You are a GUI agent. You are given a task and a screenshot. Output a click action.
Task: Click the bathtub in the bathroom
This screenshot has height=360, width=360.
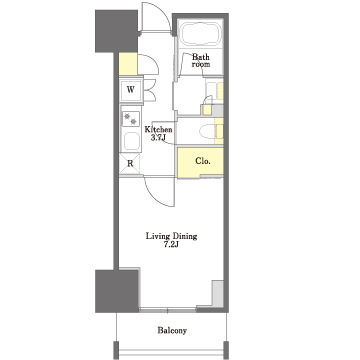pos(200,33)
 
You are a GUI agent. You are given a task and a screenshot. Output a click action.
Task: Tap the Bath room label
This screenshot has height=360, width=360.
pos(201,60)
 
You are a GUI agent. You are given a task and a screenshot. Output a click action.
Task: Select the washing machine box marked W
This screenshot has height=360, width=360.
pos(131,90)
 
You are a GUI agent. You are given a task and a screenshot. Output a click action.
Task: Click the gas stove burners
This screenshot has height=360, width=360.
pos(130,119)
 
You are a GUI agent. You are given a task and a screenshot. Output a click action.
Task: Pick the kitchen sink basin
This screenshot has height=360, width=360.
pos(132,141)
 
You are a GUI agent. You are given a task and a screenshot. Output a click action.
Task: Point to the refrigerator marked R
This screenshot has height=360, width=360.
pos(130,164)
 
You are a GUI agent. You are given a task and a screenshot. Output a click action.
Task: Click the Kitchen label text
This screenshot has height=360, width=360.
pos(158,130)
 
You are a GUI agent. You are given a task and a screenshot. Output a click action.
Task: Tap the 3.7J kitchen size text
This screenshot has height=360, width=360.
pos(158,138)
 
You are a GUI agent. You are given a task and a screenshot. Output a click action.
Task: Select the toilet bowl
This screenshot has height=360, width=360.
pos(209,131)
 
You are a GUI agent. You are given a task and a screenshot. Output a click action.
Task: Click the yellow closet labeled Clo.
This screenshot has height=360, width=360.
pos(200,161)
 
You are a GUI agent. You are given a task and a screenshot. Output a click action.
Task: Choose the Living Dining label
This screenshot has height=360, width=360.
pos(171,237)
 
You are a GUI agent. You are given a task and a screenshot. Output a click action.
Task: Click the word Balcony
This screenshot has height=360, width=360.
pos(172,331)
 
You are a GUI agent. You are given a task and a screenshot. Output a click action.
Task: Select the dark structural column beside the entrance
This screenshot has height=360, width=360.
pos(116,31)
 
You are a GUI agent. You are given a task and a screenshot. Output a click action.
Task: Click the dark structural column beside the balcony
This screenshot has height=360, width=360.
pos(117,291)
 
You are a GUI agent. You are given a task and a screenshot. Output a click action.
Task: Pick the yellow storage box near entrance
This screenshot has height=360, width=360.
pos(128,64)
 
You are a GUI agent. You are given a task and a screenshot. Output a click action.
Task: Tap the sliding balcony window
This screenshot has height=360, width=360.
pos(168,311)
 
